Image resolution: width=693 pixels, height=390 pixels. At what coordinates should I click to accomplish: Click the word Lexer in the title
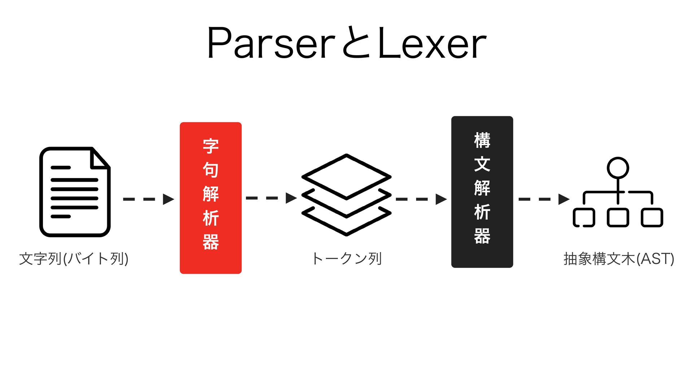click(432, 43)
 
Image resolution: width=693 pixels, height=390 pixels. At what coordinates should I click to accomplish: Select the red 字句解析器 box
click(210, 198)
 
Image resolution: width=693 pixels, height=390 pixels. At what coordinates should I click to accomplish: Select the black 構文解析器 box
click(482, 192)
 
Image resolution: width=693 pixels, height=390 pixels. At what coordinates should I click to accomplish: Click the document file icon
click(75, 192)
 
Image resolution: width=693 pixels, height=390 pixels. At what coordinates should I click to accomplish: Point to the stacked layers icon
click(346, 195)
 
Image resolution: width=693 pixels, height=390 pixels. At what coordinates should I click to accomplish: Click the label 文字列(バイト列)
click(74, 259)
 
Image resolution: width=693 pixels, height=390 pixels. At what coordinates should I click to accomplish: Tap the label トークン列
click(346, 259)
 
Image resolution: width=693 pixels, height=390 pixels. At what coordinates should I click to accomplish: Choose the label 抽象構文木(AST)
click(619, 259)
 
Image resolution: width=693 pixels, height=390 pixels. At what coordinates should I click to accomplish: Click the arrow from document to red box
click(148, 199)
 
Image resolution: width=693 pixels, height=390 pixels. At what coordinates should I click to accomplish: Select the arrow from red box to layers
click(271, 198)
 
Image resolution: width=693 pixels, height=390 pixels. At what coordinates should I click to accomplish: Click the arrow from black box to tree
click(544, 199)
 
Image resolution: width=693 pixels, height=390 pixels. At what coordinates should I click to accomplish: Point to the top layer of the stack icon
click(346, 177)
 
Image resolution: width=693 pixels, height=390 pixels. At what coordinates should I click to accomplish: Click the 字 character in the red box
click(210, 146)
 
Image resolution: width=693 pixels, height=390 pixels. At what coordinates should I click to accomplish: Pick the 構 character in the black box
click(482, 140)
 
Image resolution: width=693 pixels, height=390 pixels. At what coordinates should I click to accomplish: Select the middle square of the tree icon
click(618, 217)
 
